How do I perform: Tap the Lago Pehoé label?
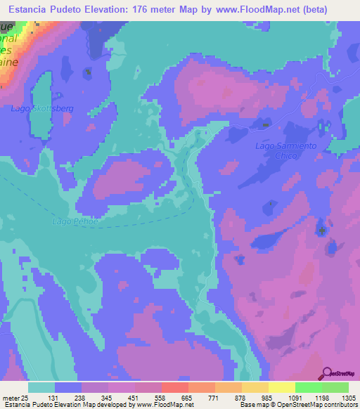click(x=71, y=221)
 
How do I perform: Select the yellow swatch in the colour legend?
click(x=281, y=387)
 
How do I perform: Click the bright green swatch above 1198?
click(x=307, y=387)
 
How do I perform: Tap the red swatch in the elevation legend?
click(x=174, y=387)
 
